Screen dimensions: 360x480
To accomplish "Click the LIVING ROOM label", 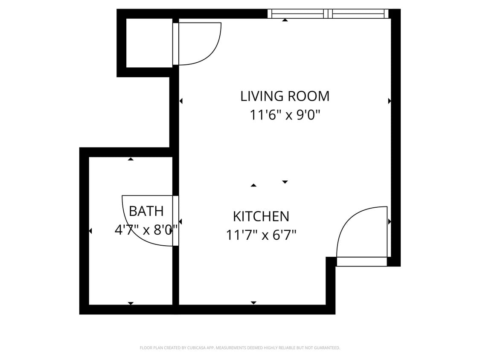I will click(285, 96).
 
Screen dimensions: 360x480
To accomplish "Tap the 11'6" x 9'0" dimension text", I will click(285, 115).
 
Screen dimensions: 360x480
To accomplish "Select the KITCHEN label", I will click(261, 216).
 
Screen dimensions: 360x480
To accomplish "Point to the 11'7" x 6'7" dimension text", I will click(261, 235).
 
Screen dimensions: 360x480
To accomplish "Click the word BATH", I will click(146, 211).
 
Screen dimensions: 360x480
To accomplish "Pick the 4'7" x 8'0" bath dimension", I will click(146, 230).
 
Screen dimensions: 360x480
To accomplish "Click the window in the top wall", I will click(328, 14).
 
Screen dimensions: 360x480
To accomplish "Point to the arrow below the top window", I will click(285, 20).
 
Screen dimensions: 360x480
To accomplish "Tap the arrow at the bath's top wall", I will click(131, 159).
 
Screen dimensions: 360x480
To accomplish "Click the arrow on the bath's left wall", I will click(90, 231).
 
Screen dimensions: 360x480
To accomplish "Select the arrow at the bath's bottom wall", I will click(131, 303).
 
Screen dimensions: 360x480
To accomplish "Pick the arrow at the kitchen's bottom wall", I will click(253, 302).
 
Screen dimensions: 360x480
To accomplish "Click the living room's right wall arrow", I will click(390, 101).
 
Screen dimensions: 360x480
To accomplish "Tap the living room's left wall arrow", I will click(181, 101).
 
